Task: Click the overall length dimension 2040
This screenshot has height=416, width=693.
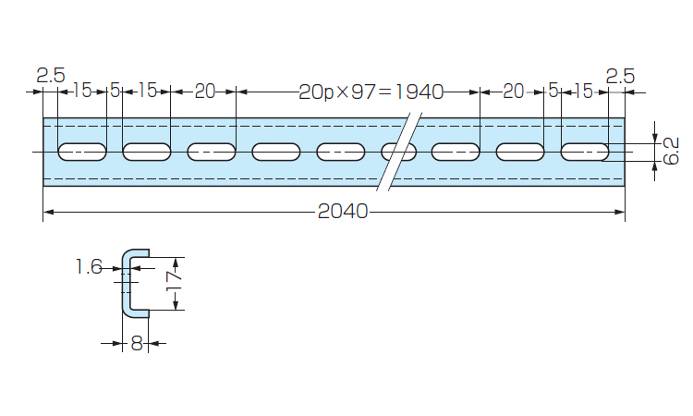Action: tap(343, 212)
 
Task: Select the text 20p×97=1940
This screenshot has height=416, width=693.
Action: tap(371, 91)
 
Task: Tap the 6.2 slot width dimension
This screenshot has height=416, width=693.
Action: tap(672, 150)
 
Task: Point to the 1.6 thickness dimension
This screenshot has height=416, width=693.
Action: tap(89, 267)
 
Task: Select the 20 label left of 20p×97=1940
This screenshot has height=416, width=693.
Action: tap(204, 91)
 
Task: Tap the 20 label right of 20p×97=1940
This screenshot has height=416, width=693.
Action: tap(513, 91)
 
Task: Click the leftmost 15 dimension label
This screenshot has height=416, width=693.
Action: tap(82, 91)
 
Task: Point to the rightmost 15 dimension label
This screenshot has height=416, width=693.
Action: tap(583, 91)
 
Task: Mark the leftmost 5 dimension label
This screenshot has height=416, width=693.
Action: tap(115, 91)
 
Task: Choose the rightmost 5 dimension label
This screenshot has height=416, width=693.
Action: tap(553, 91)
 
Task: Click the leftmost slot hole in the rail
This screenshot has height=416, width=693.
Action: tap(82, 151)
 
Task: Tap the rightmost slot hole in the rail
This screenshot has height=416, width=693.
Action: tap(585, 151)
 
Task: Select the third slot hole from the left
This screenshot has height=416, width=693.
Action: tap(212, 151)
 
